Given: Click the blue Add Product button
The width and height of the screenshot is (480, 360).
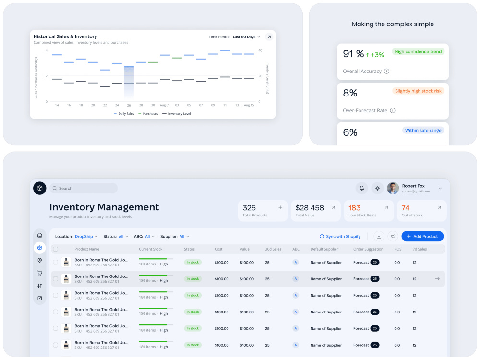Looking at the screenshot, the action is tap(422, 236).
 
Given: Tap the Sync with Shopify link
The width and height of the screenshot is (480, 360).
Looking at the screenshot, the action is tap(340, 236).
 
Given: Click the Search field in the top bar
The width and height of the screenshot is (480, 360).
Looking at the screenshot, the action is tap(84, 188).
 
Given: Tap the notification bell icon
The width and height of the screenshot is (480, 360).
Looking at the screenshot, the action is tap(361, 188).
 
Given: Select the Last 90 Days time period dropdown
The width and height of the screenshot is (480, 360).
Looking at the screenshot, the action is tap(246, 37).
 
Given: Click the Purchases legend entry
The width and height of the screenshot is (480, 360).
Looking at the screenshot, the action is tap(148, 114).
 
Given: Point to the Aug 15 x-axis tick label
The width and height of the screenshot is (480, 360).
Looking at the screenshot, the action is tap(249, 105).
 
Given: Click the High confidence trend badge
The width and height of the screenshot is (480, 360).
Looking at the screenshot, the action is tap(418, 52).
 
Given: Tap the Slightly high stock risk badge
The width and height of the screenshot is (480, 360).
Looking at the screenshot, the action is tap(418, 91).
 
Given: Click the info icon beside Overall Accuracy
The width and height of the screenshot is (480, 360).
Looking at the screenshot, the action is tap(386, 72).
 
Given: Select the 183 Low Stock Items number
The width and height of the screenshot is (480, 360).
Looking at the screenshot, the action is tap(355, 208).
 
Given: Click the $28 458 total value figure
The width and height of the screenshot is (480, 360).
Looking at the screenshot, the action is tap(310, 208).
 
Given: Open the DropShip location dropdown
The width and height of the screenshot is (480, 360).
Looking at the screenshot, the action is tap(86, 236).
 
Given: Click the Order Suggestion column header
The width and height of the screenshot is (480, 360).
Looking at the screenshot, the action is tap(368, 249).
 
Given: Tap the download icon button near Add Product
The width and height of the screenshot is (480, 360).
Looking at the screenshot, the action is tap(379, 236).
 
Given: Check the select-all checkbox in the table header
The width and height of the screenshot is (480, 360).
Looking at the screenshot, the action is tap(55, 249).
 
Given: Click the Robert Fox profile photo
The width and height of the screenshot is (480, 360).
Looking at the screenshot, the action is tap(393, 188).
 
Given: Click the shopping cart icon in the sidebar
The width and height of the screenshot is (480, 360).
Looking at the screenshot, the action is tap(40, 273).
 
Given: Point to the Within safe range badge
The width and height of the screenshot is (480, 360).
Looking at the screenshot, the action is tap(423, 131).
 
